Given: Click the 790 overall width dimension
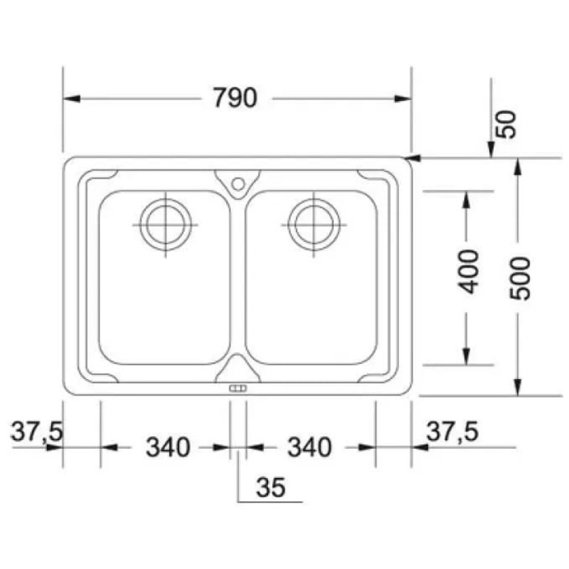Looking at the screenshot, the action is (235, 98).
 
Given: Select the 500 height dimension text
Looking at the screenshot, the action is (520, 279).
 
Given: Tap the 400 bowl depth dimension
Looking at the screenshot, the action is (468, 272).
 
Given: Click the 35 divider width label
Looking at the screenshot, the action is (271, 487).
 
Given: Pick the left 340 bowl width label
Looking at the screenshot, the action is (168, 447).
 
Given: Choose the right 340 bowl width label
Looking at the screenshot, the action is (309, 447).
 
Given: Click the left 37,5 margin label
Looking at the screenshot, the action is (37, 432).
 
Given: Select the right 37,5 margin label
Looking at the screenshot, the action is (452, 432).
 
